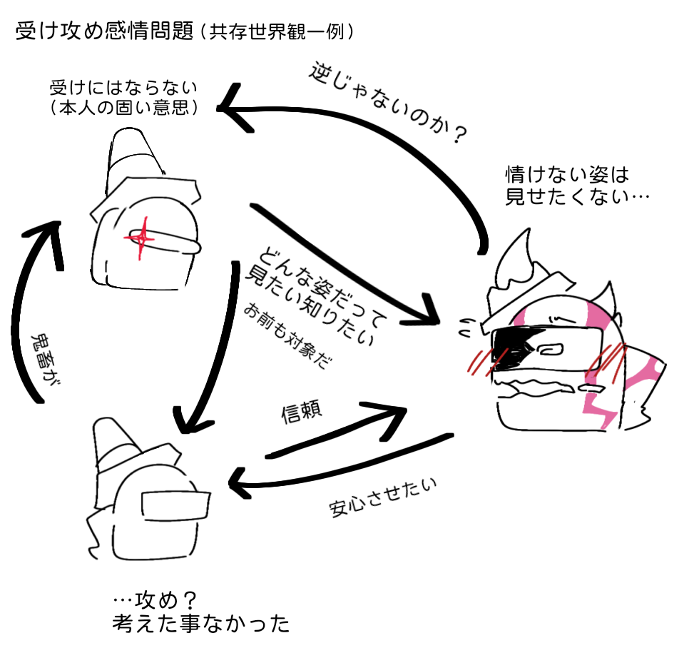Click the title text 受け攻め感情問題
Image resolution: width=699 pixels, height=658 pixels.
tap(105, 31)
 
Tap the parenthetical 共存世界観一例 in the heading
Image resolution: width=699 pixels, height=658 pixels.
tap(277, 31)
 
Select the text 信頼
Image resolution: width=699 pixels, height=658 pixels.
tap(301, 411)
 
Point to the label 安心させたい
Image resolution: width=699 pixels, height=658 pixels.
tap(383, 497)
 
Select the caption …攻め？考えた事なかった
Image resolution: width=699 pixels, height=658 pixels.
tap(200, 612)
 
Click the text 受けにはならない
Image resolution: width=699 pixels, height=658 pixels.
tap(123, 88)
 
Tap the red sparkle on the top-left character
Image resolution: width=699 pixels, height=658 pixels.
tap(141, 238)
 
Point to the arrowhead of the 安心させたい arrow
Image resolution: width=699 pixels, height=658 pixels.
tap(241, 482)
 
